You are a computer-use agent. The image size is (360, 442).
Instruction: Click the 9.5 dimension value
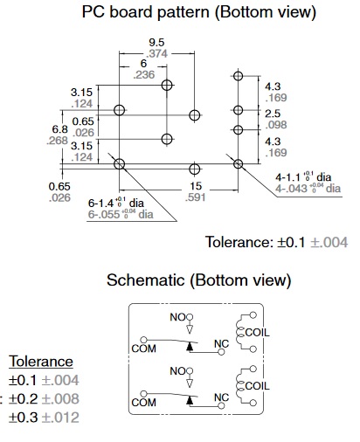(x=156, y=43)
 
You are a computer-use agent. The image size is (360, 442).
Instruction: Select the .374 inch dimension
(x=156, y=53)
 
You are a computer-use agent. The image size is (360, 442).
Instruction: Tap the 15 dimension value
(x=196, y=186)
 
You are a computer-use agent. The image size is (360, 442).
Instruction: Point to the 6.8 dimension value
(x=59, y=129)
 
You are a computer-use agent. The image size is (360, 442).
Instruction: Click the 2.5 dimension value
(x=273, y=114)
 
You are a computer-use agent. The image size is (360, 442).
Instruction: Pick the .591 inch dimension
(x=196, y=197)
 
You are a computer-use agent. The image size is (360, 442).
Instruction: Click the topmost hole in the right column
(x=239, y=76)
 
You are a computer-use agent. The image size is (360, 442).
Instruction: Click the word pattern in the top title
(x=183, y=13)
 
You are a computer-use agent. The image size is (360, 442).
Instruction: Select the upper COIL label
(x=257, y=332)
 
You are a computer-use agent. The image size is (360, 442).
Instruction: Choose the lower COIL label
(x=257, y=386)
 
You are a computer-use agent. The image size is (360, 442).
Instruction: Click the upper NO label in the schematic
(x=177, y=317)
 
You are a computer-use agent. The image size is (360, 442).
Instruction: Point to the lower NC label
(x=221, y=397)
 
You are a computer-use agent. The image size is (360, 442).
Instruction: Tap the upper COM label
(x=143, y=349)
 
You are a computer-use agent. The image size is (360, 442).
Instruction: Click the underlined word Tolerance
(x=41, y=362)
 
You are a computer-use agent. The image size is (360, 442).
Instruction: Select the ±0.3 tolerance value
(x=24, y=418)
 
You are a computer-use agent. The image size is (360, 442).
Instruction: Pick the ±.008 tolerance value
(x=60, y=399)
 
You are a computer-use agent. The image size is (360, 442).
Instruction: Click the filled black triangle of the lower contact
(x=190, y=400)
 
